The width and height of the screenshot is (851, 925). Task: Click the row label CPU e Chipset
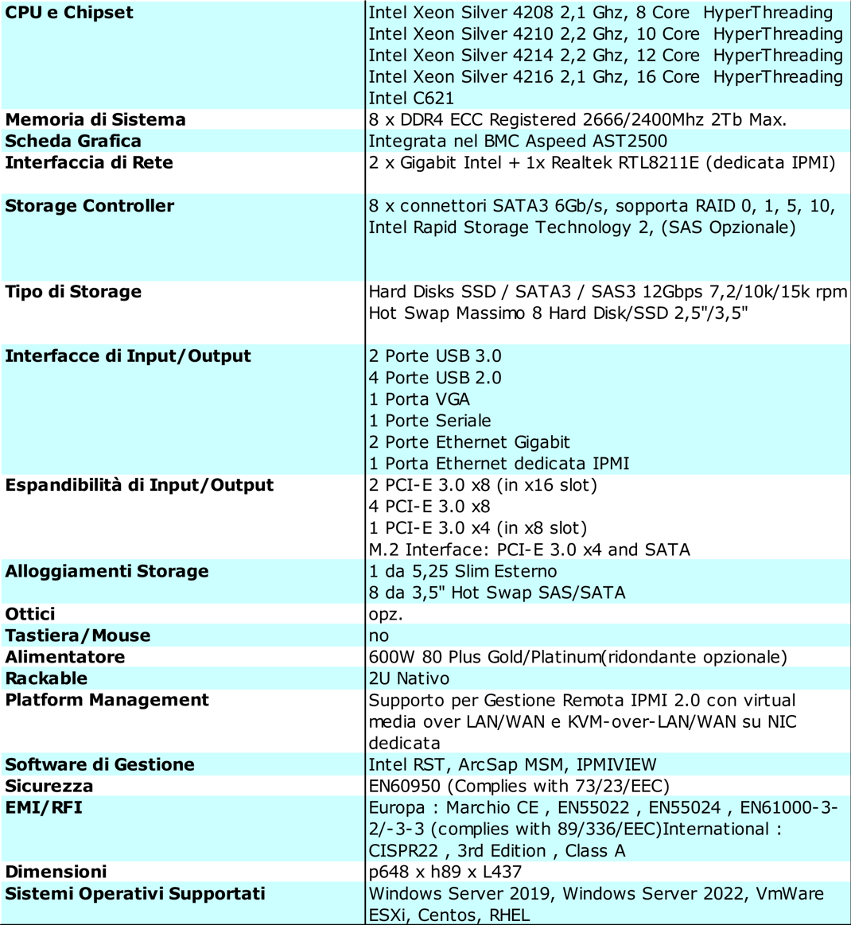69,13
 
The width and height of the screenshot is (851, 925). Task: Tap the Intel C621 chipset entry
411,99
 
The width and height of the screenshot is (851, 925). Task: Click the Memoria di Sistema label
95,120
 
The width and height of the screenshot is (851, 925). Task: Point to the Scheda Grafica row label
73,142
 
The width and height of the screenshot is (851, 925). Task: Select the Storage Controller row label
89,206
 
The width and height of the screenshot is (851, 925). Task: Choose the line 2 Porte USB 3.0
435,356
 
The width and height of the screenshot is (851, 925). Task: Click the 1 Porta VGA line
419,399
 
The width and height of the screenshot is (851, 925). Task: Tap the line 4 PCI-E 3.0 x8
429,507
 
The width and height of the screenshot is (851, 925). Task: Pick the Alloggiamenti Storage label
107,571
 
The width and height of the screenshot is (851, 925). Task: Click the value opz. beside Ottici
386,615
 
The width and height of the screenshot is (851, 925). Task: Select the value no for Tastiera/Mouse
379,636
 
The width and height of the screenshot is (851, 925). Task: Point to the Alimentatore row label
65,657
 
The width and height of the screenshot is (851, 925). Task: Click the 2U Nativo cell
409,678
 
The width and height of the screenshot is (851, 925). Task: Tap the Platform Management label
107,700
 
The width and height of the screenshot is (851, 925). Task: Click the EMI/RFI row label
44,808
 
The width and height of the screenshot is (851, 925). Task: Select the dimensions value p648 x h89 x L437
445,873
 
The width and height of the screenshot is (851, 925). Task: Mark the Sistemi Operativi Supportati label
135,894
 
